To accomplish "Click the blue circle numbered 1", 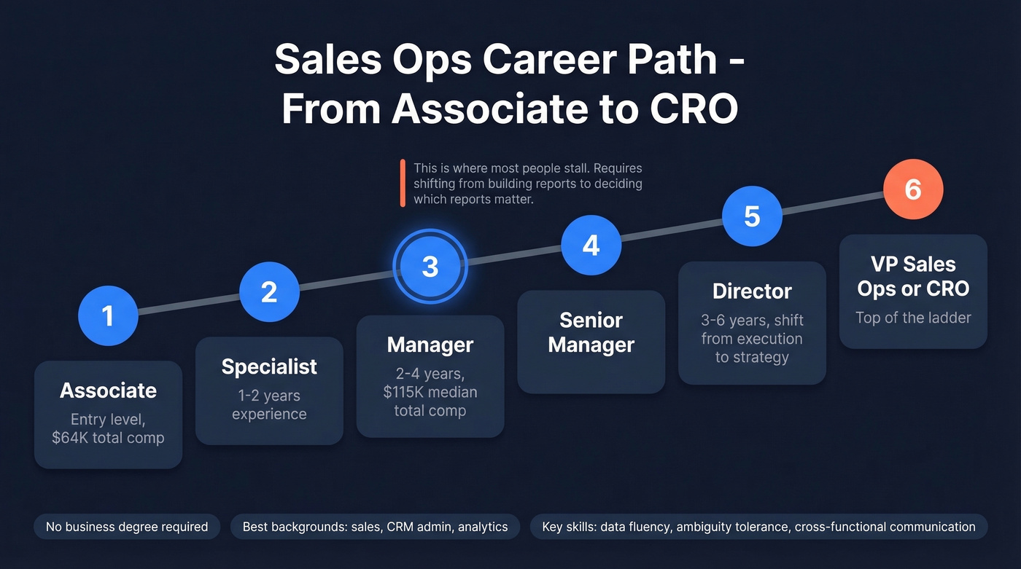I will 108,315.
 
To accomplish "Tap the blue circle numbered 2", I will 269,292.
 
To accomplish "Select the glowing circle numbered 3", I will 430,267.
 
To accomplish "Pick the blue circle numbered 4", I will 591,246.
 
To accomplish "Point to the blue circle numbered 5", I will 752,216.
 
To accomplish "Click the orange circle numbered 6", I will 913,189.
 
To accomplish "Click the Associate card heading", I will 108,391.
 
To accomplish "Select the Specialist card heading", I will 269,366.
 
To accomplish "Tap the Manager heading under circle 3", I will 430,345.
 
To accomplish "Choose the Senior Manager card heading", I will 591,332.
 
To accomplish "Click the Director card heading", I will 752,291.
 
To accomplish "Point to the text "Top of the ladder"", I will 913,318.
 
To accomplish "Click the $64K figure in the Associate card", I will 67,438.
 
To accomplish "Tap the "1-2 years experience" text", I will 269,405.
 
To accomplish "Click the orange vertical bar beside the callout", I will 402,184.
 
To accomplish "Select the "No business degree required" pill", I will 127,527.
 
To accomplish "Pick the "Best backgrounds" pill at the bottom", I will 375,527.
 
